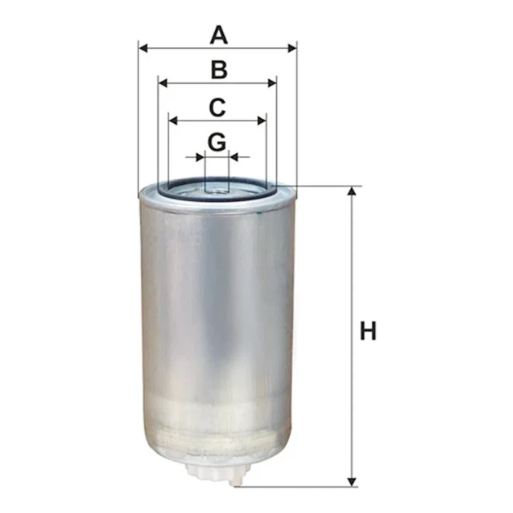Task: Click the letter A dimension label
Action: [x=218, y=36]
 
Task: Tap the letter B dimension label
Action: [x=219, y=70]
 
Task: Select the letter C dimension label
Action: [x=217, y=107]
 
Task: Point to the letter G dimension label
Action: [x=217, y=142]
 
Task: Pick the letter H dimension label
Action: [x=368, y=331]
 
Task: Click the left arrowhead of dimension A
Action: [x=143, y=49]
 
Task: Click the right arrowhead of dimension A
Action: [x=292, y=49]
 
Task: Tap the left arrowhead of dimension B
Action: [x=163, y=83]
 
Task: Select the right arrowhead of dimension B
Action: [x=272, y=83]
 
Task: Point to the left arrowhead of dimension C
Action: [x=173, y=121]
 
